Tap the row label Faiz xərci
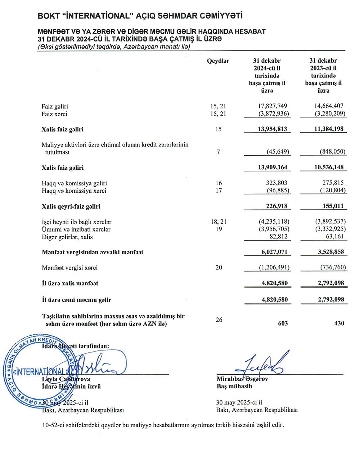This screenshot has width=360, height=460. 54,114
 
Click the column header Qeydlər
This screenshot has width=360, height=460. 218,61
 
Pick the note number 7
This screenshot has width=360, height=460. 219,152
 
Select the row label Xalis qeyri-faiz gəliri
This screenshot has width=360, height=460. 71,207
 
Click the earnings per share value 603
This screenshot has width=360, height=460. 283,323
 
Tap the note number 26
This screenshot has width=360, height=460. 219,320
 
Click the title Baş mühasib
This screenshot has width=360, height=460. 234,386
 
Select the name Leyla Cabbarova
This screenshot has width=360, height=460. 66,379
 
